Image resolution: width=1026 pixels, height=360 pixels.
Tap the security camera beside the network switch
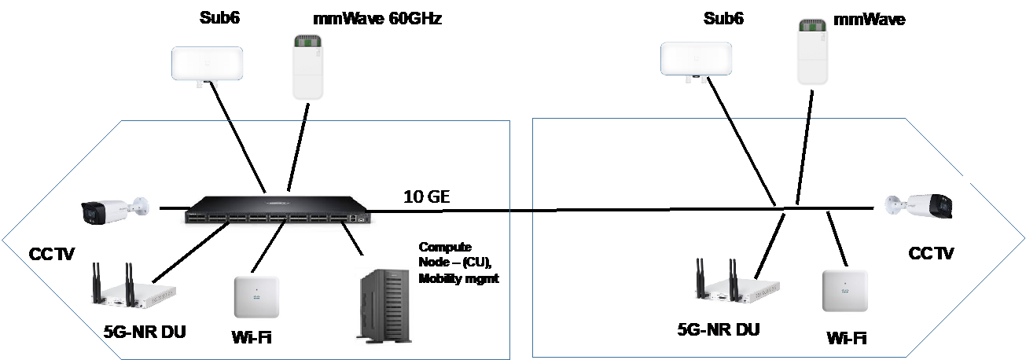coord(113,209)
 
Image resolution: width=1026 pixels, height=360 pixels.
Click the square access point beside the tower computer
coord(256,296)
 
